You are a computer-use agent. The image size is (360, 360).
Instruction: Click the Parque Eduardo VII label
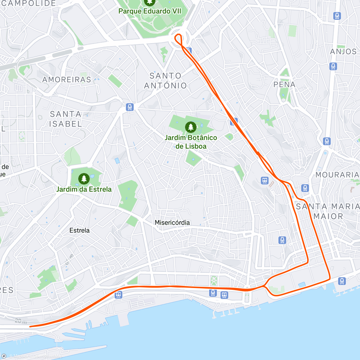150,11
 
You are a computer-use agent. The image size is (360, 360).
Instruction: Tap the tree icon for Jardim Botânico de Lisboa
190,127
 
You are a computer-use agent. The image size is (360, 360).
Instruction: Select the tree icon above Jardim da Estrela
84,178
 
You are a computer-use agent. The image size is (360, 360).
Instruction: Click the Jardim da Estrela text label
84,189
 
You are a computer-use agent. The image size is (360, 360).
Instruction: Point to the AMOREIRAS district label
67,79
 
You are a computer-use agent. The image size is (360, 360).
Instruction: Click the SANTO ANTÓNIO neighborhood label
165,81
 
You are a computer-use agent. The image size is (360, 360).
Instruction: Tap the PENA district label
284,85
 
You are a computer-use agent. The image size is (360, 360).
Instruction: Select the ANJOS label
343,52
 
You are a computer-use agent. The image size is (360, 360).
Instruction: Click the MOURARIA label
337,175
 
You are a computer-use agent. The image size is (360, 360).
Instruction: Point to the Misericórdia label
172,223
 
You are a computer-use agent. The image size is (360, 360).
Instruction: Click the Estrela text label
79,230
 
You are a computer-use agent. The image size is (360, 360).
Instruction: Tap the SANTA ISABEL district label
65,119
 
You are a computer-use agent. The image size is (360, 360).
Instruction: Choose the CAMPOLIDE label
29,4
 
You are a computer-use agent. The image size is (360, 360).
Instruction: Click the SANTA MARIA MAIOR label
328,211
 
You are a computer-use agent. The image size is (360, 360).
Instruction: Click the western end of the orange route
30,326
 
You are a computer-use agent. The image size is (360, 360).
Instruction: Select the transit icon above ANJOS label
337,16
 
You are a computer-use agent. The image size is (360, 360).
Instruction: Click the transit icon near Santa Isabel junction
130,107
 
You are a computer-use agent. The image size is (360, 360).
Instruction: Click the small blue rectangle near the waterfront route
302,284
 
